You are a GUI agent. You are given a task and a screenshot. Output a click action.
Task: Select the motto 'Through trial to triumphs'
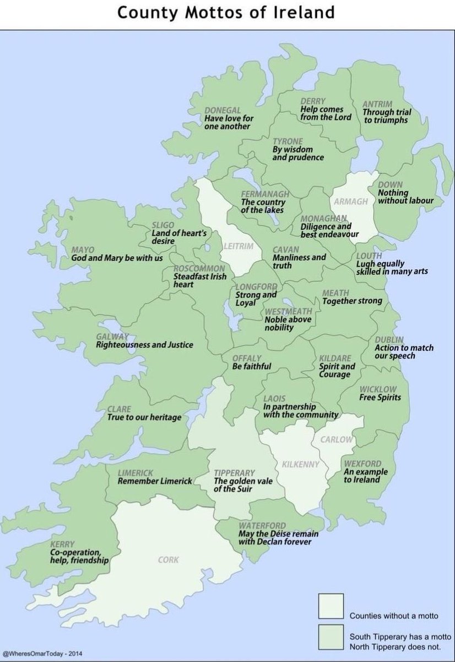387,116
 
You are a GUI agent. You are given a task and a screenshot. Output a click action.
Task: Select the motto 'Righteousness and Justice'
144,345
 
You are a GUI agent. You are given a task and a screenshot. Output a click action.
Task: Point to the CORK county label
168,560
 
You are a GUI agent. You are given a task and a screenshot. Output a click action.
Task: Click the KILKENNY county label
300,465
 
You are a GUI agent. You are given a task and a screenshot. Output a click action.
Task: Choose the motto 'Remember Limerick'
155,481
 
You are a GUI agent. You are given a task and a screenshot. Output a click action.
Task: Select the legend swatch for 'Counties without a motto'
331,606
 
